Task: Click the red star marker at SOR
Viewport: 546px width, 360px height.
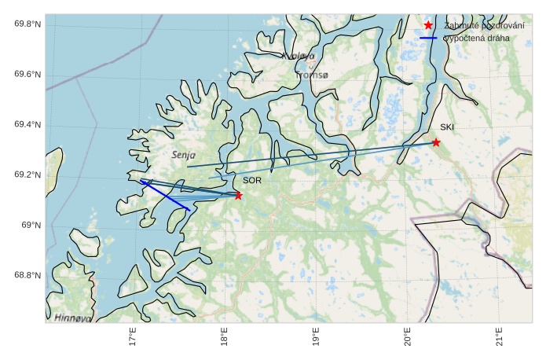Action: pyautogui.click(x=238, y=195)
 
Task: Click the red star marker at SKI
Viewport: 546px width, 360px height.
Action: pyautogui.click(x=436, y=142)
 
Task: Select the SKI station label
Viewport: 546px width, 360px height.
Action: pyautogui.click(x=447, y=127)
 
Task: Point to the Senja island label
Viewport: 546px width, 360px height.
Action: pyautogui.click(x=183, y=156)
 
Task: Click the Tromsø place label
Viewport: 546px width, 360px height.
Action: pyautogui.click(x=312, y=75)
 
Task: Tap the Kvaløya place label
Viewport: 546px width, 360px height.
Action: pyautogui.click(x=298, y=56)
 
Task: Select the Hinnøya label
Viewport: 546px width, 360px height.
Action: pyautogui.click(x=73, y=318)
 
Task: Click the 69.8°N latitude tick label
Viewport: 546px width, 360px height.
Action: pyautogui.click(x=27, y=24)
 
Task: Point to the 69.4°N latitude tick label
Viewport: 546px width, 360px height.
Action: pyautogui.click(x=27, y=125)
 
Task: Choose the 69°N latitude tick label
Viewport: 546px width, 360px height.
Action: pyautogui.click(x=31, y=226)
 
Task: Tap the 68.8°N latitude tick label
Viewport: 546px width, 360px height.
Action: pyautogui.click(x=27, y=275)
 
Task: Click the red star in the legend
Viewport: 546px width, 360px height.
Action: pyautogui.click(x=428, y=25)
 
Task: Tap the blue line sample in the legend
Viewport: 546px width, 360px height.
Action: pyautogui.click(x=428, y=38)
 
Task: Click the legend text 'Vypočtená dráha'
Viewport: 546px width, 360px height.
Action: pyautogui.click(x=476, y=38)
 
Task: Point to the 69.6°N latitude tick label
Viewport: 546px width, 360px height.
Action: pyautogui.click(x=27, y=75)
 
